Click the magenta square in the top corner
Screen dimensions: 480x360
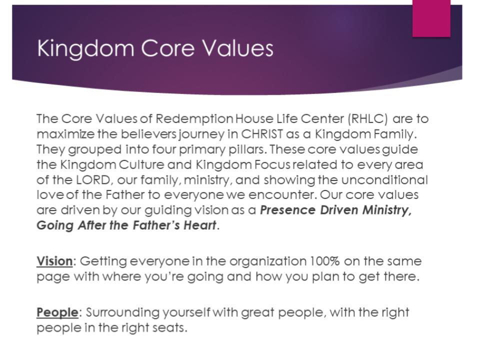coord(431,18)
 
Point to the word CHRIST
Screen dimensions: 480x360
coord(261,134)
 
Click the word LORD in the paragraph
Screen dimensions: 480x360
coord(93,179)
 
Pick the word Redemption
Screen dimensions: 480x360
coord(194,119)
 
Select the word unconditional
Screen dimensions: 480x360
coord(384,179)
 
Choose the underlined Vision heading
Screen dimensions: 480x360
coord(54,261)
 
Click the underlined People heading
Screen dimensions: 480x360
coord(57,312)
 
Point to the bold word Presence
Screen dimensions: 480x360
coord(287,210)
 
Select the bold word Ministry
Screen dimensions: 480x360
coord(387,210)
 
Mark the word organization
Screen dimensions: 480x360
coord(267,261)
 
